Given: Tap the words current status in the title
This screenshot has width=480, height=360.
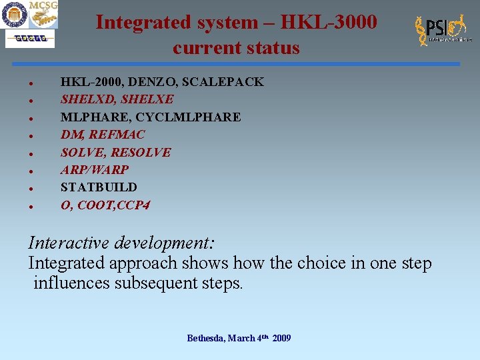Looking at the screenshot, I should click(x=236, y=48).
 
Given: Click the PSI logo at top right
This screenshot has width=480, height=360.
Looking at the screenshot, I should click(x=442, y=31).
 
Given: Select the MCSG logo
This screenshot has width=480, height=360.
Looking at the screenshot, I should click(x=43, y=15).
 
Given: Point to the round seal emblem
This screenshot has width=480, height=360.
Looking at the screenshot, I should click(x=14, y=15).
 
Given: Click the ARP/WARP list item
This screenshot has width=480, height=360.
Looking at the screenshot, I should click(x=94, y=170).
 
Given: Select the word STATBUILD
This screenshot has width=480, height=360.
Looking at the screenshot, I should click(x=99, y=187).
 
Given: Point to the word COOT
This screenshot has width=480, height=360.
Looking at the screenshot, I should click(x=95, y=205).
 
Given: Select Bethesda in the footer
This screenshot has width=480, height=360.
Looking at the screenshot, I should click(x=206, y=339).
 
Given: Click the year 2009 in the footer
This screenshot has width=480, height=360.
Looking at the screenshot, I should click(x=281, y=339).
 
